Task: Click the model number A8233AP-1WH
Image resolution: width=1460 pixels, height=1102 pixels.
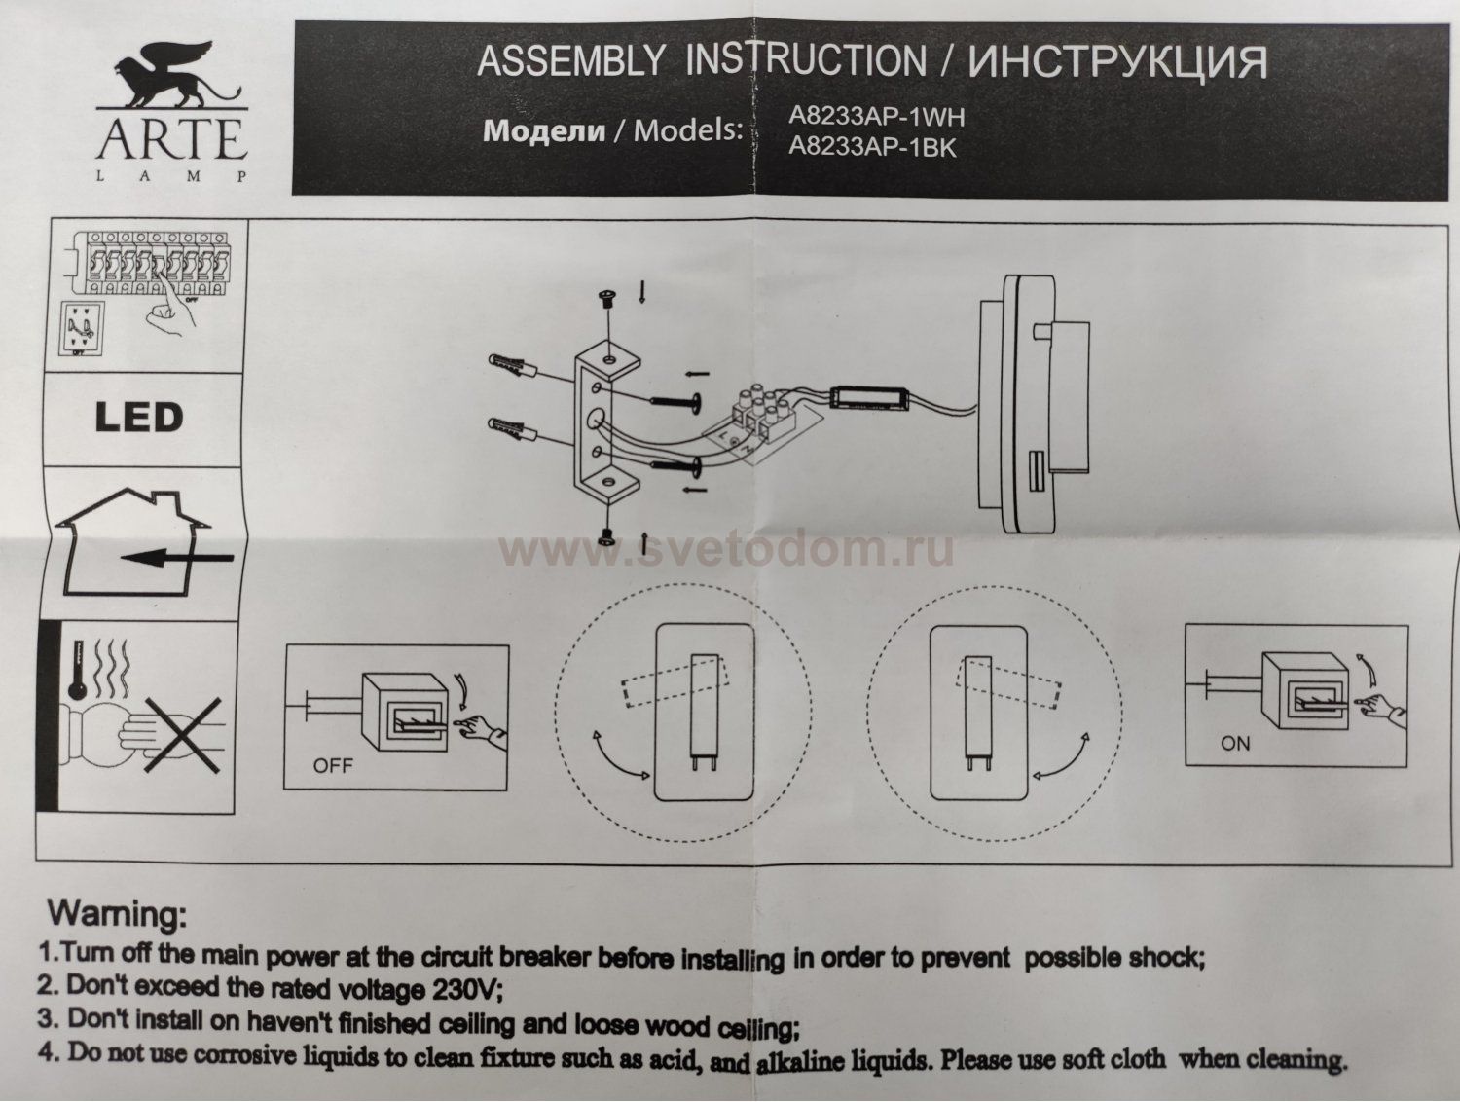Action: coord(875,118)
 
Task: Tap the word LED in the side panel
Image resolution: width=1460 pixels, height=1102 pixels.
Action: coord(138,418)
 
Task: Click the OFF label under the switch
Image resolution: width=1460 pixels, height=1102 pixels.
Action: coord(333,766)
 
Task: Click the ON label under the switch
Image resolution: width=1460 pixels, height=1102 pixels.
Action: coord(1234,744)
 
